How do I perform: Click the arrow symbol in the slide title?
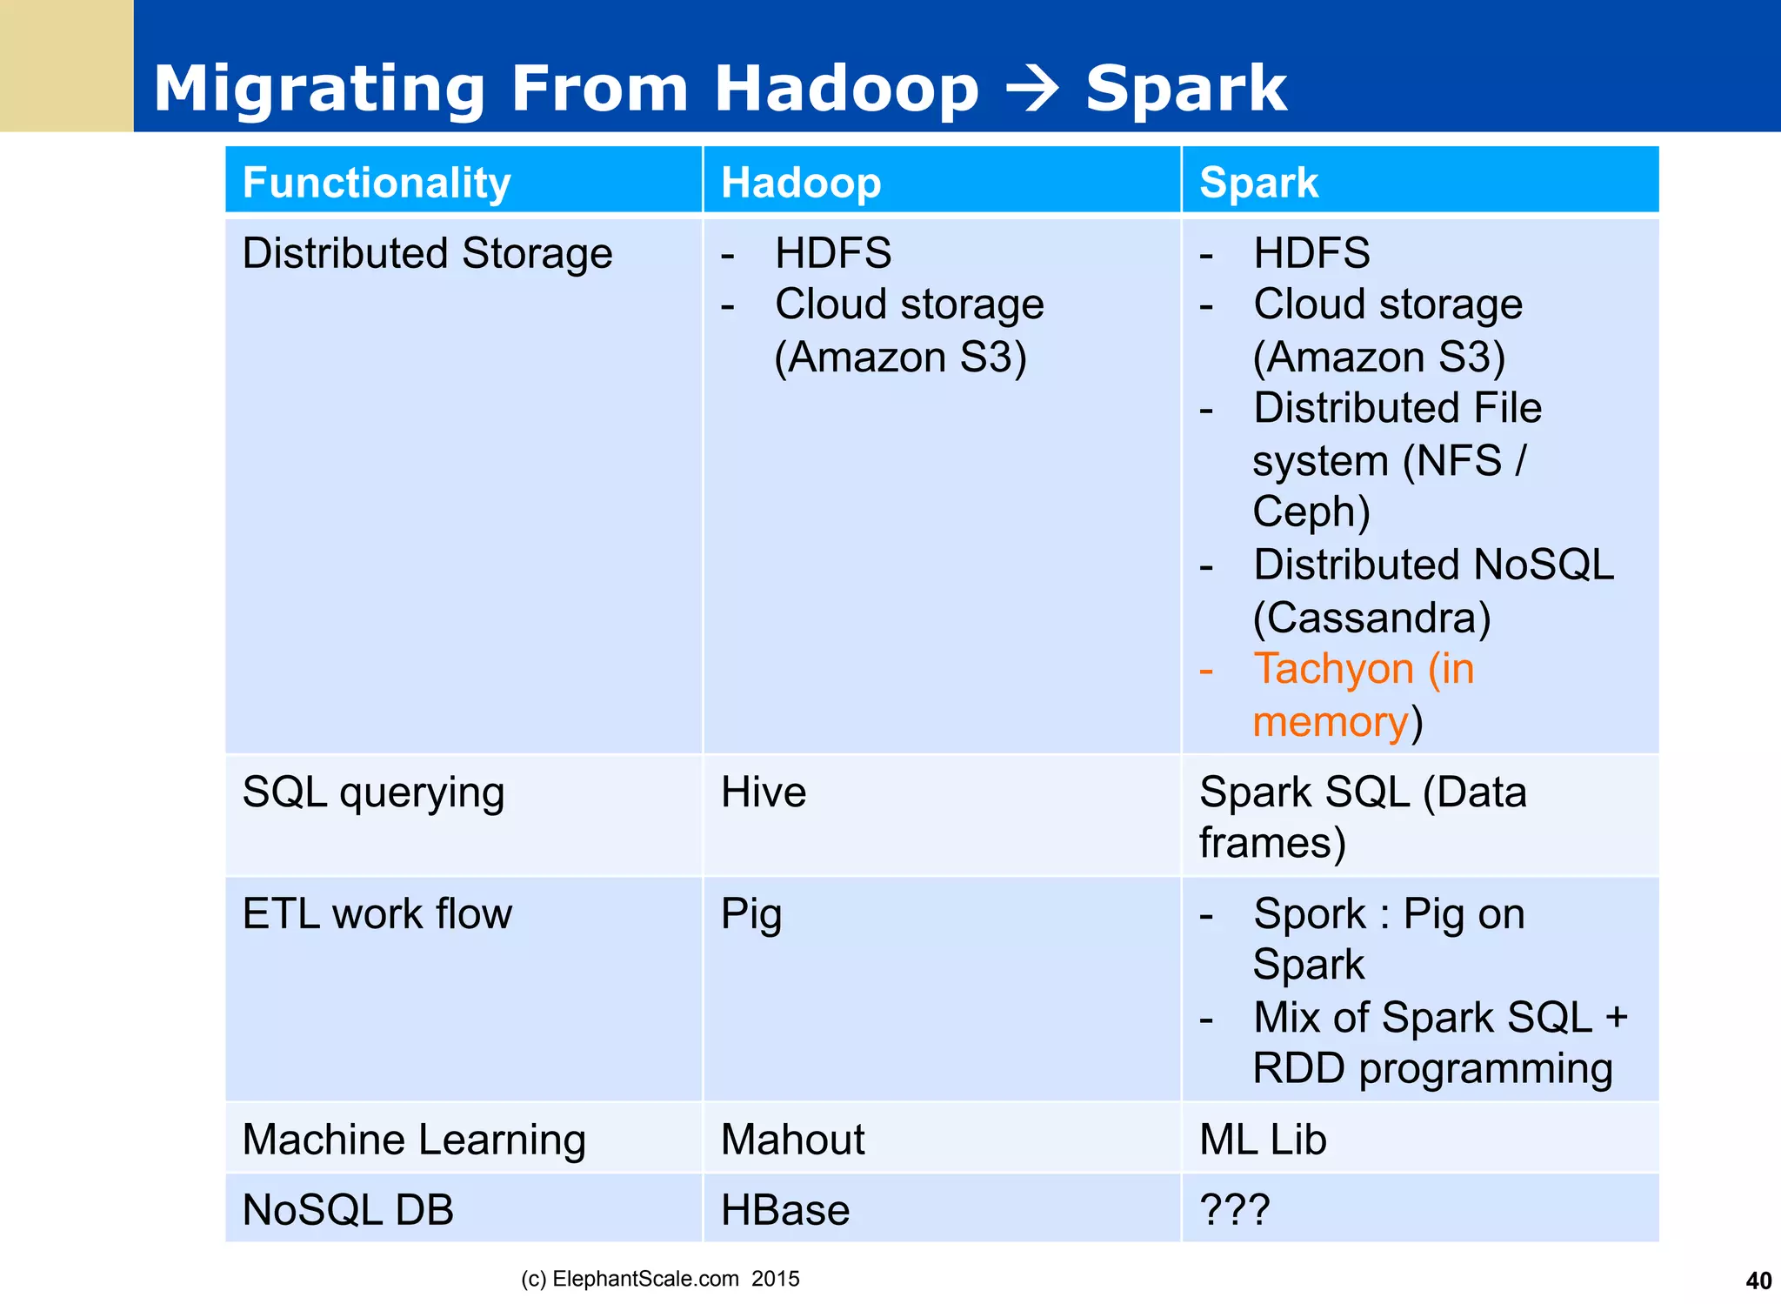[1031, 90]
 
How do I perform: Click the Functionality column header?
[376, 183]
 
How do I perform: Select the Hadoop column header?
[800, 183]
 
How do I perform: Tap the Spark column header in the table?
[1257, 183]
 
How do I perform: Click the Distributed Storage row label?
[427, 253]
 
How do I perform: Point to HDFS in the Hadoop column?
[832, 253]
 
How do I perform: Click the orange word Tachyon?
[1332, 669]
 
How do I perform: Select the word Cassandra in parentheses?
[1371, 618]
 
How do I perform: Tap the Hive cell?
[763, 792]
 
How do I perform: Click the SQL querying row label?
[373, 792]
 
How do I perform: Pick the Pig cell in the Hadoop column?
[750, 915]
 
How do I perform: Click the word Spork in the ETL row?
[1309, 914]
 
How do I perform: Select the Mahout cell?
[792, 1140]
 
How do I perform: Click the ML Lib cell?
[1262, 1140]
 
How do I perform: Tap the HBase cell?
[784, 1210]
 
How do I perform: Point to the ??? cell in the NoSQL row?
[1234, 1210]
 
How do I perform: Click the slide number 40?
[1758, 1281]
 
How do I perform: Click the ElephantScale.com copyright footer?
[659, 1279]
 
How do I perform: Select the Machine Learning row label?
[414, 1140]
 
